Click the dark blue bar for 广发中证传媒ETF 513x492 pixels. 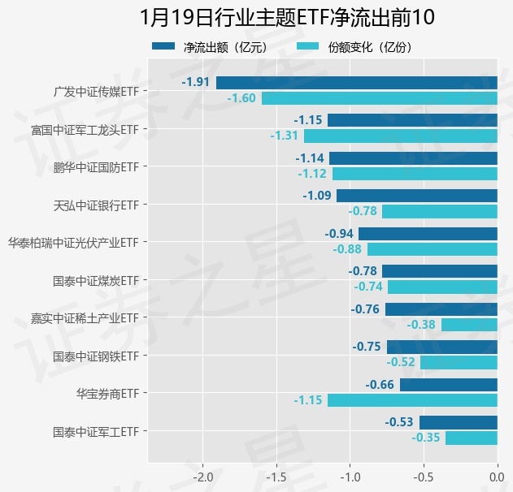click(x=356, y=82)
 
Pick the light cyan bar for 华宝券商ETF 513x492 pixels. click(x=412, y=400)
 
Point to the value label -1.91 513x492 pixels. click(x=196, y=82)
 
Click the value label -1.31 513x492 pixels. click(x=285, y=136)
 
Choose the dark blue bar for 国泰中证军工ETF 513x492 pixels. click(x=458, y=422)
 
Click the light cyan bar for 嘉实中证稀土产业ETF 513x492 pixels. click(x=468, y=325)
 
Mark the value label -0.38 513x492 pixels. click(x=421, y=325)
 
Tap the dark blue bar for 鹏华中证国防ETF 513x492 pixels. click(x=413, y=158)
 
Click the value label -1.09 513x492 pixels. click(x=317, y=196)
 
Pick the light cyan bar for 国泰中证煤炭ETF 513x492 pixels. click(x=442, y=287)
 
